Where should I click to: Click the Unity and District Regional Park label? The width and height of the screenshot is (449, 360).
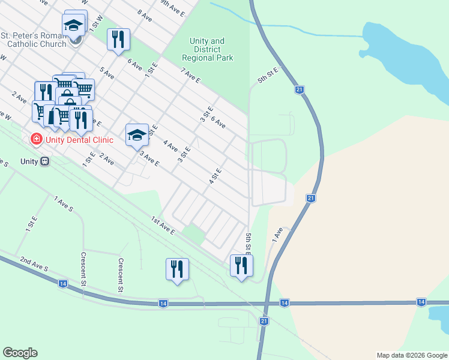click(206, 50)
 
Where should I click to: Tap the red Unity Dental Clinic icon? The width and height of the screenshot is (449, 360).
click(36, 139)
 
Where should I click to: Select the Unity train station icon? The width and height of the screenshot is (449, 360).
click(44, 161)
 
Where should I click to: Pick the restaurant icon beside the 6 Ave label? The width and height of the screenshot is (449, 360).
click(118, 40)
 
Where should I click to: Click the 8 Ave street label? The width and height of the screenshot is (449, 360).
click(144, 14)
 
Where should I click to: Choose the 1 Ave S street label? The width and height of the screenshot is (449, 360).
click(63, 203)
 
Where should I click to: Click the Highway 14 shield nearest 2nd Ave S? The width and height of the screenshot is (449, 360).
click(62, 283)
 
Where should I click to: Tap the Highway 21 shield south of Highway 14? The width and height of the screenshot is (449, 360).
click(264, 322)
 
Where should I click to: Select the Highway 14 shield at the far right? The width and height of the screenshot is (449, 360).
click(421, 302)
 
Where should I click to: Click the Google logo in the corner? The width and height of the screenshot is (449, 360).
click(20, 353)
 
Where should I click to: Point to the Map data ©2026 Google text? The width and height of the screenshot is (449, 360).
click(411, 355)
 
